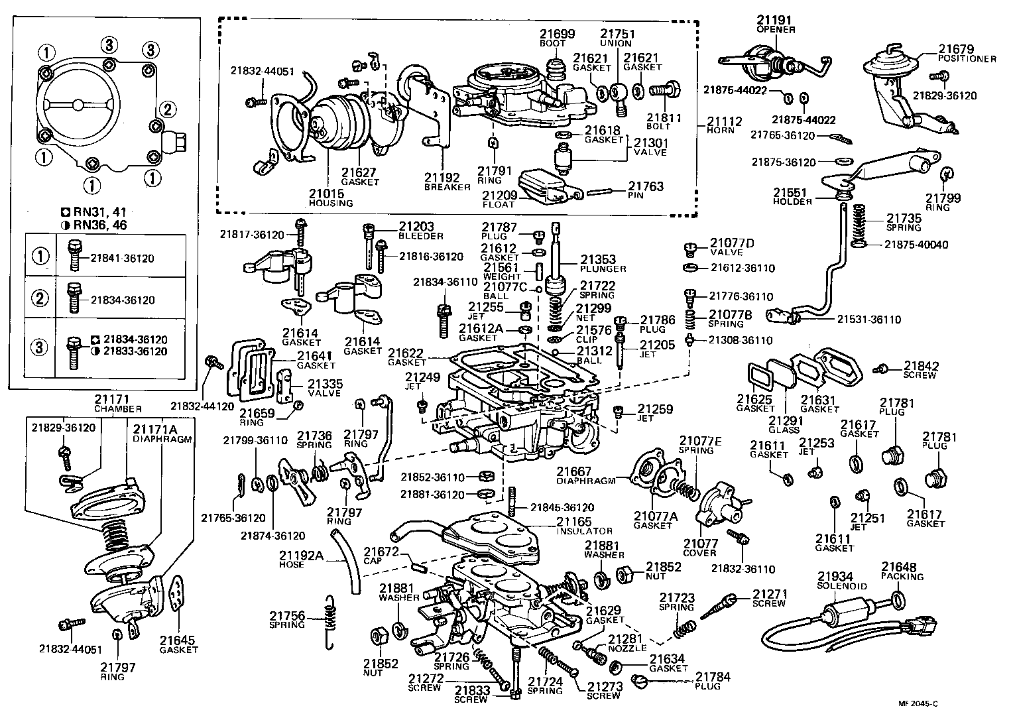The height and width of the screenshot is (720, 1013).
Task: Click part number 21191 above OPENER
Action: pos(776,21)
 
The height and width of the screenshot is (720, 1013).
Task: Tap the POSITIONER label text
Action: pos(967,58)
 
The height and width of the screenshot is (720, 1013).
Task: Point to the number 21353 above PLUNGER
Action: pos(599,260)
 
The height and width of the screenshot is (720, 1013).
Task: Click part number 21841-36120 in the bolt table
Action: pos(122,259)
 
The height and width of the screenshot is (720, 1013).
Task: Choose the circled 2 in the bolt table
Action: pos(41,299)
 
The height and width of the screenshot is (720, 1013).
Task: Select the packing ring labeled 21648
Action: pos(896,601)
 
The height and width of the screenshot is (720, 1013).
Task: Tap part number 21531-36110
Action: pos(868,320)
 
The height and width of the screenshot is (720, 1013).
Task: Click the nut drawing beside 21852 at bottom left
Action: pos(379,636)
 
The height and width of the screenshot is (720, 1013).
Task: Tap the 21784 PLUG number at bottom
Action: pos(713,677)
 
